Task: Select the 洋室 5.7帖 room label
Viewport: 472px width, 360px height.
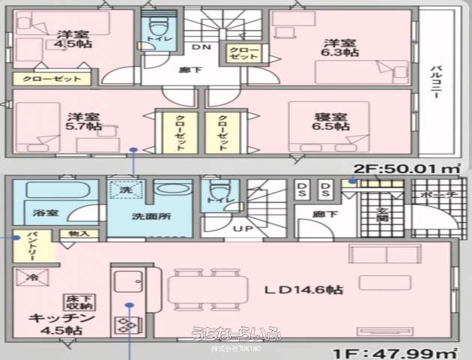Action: click(x=82, y=122)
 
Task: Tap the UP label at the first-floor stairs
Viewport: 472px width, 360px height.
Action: click(x=243, y=227)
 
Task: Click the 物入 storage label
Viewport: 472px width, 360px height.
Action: click(x=78, y=234)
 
